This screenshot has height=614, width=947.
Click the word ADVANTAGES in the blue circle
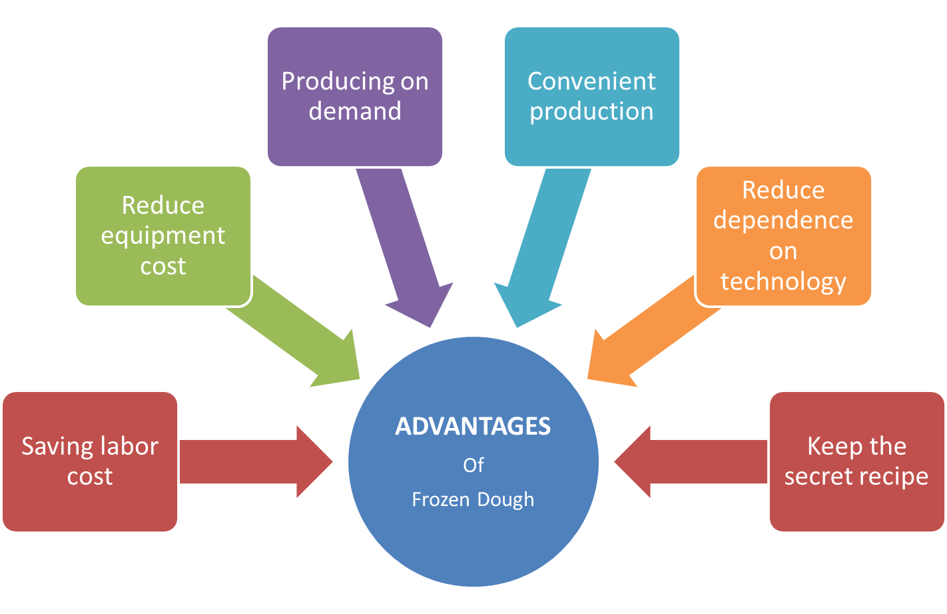[473, 426]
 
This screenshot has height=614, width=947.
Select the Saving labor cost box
[90, 461]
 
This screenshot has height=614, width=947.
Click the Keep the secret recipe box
[856, 461]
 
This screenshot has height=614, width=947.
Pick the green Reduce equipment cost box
[163, 235]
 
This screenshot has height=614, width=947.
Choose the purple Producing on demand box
[355, 96]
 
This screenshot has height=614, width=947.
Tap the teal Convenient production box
[591, 96]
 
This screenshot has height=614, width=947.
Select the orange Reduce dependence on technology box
[783, 235]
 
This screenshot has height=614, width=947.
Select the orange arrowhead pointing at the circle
[609, 363]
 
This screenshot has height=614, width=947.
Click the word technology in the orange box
[783, 281]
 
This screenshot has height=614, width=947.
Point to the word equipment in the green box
[163, 236]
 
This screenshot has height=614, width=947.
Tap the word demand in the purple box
[355, 111]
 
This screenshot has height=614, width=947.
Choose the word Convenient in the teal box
[591, 81]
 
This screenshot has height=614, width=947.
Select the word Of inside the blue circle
[473, 465]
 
